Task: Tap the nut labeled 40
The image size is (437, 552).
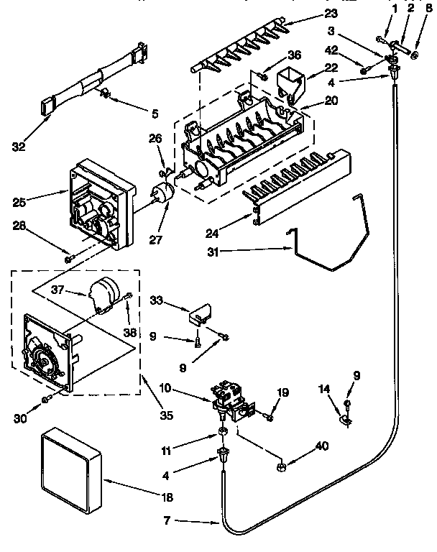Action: pos(281,468)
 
